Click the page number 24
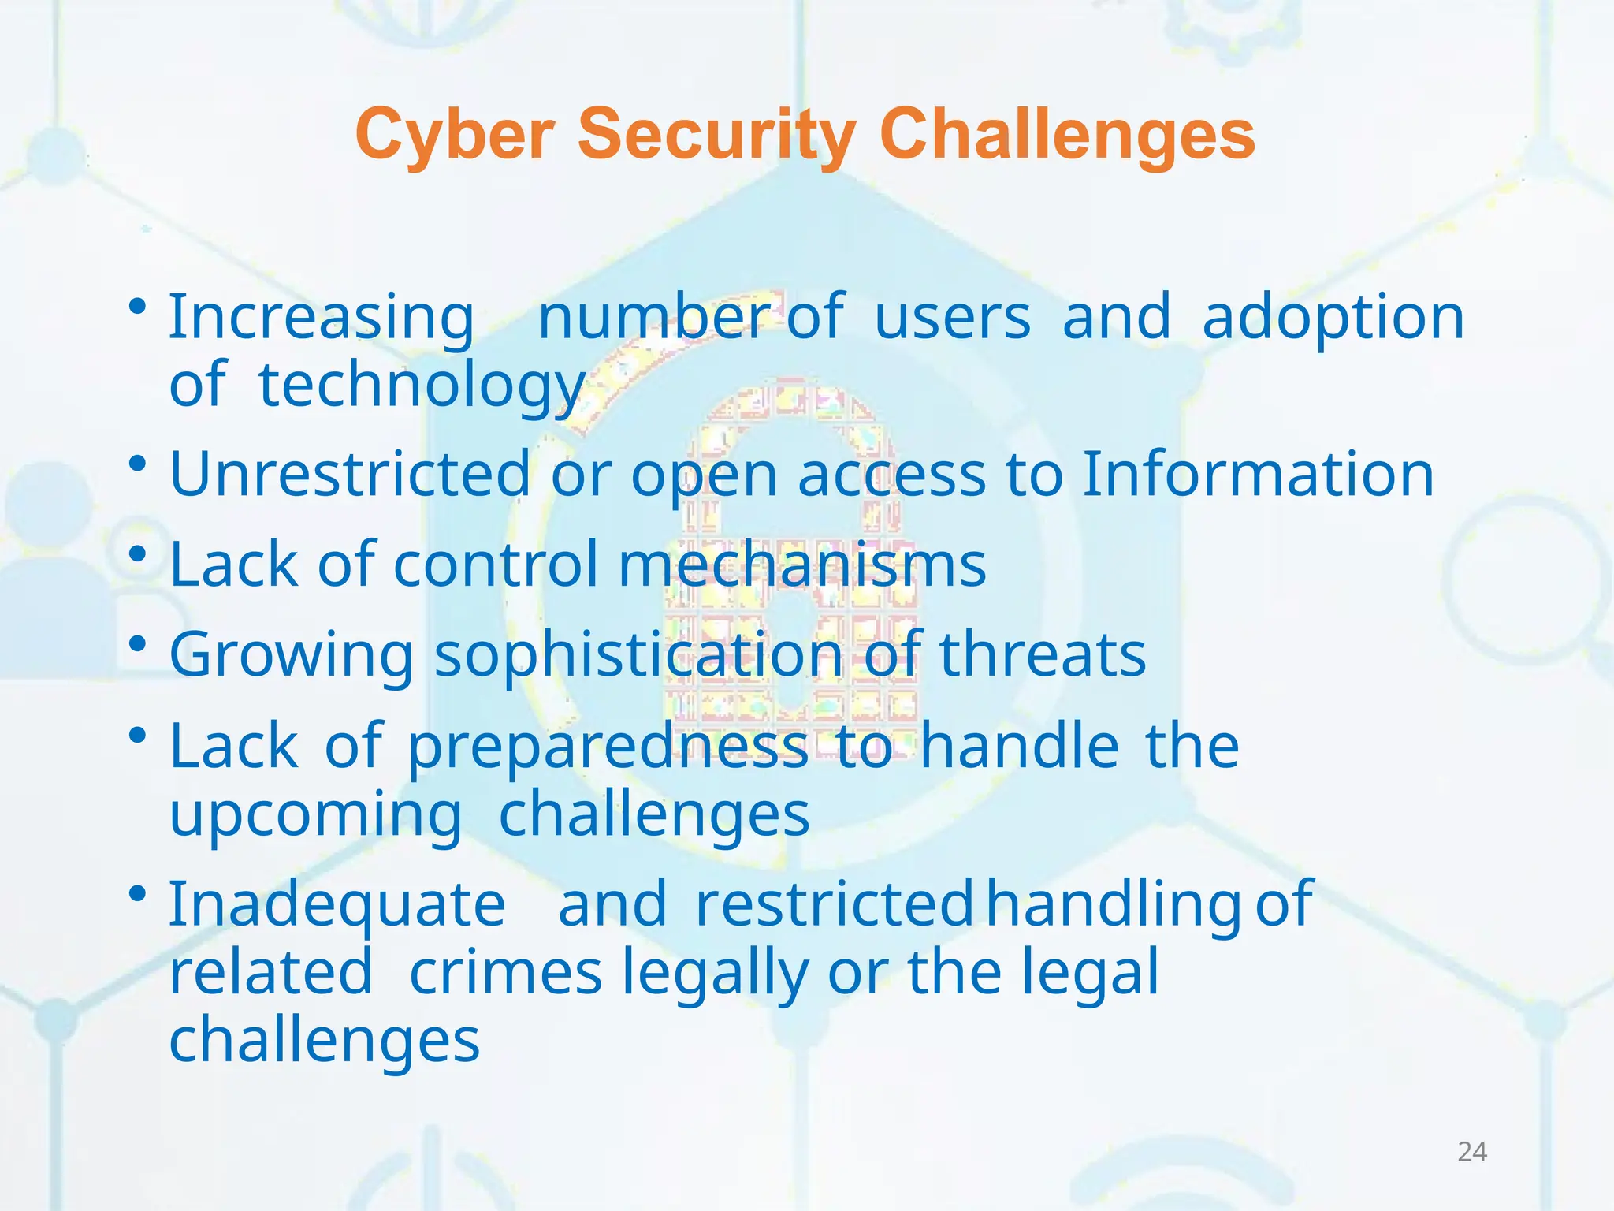pyautogui.click(x=1471, y=1152)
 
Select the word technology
pyautogui.click(x=422, y=386)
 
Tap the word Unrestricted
pyautogui.click(x=350, y=474)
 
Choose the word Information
pyautogui.click(x=1258, y=474)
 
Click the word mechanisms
pyautogui.click(x=802, y=565)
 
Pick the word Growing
pyautogui.click(x=292, y=655)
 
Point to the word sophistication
pyautogui.click(x=639, y=655)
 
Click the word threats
pyautogui.click(x=1043, y=655)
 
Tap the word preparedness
pyautogui.click(x=608, y=746)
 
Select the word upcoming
pyautogui.click(x=315, y=814)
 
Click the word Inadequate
pyautogui.click(x=337, y=904)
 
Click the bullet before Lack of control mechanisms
pyautogui.click(x=138, y=554)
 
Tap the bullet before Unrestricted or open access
pyautogui.click(x=138, y=464)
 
